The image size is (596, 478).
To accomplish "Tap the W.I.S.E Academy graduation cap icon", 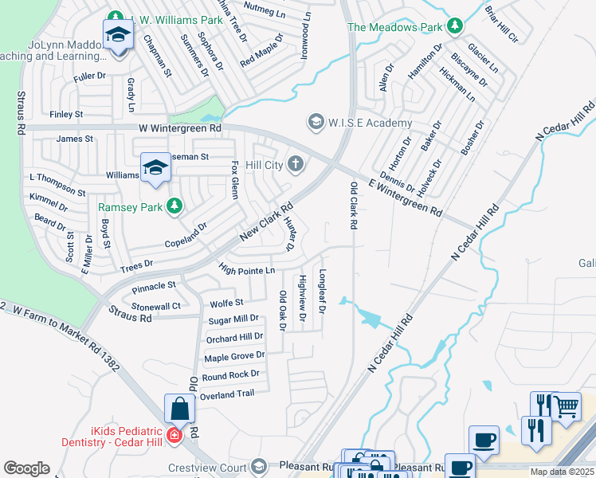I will (316, 122).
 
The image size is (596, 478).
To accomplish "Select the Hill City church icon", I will (296, 164).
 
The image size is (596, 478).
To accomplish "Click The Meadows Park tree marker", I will (455, 27).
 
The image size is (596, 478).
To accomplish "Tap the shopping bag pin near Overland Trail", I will (180, 409).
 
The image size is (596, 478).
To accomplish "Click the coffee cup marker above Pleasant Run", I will (484, 440).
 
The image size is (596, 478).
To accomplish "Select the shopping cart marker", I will (567, 407).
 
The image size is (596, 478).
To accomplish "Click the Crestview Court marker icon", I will (258, 466).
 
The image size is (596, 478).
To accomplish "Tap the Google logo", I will (26, 468).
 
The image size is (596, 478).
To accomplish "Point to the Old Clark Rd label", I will (353, 206).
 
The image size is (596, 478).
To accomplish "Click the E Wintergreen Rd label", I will (405, 198).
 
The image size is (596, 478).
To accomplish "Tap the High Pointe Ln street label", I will (246, 271).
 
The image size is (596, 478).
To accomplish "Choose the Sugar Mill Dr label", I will (233, 319).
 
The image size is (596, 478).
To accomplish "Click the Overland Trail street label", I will (228, 394).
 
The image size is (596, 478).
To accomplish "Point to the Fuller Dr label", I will (89, 76).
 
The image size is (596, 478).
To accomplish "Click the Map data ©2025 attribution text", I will (561, 472).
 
